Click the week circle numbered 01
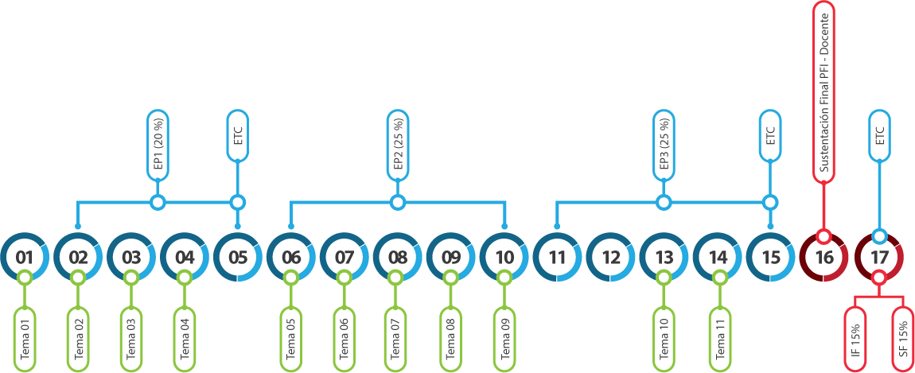click(25, 257)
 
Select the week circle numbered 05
click(238, 257)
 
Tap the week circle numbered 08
click(397, 257)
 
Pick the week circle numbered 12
click(610, 257)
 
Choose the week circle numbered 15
click(770, 257)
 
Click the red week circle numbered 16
click(824, 257)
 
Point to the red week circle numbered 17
click(878, 257)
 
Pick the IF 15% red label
click(855, 340)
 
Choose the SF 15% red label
click(903, 340)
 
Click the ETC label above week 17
click(879, 136)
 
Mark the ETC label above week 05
click(238, 136)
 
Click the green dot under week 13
click(664, 278)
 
